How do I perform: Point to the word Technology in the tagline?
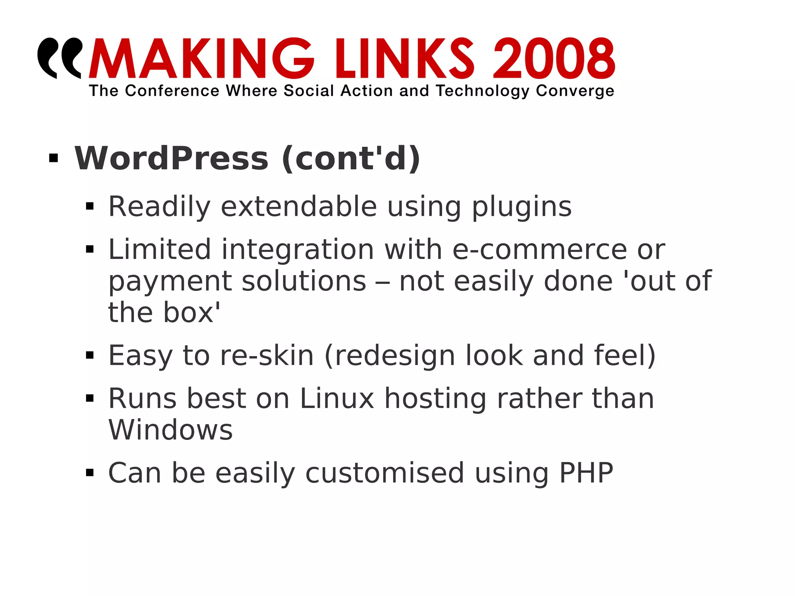pos(483,91)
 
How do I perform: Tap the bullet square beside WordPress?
pos(54,158)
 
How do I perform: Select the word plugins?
pos(522,207)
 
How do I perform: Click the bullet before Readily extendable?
pos(90,206)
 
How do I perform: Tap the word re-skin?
pos(267,356)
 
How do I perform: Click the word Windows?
pos(170,430)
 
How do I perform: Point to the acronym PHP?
pos(586,473)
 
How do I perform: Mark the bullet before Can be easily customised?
pos(90,473)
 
